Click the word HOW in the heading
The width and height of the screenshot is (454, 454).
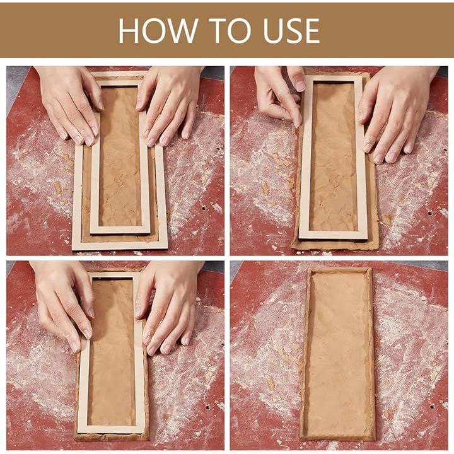click(158, 31)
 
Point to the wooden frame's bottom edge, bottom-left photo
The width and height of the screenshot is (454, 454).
click(111, 429)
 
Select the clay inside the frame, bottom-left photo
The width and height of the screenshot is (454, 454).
click(111, 352)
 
